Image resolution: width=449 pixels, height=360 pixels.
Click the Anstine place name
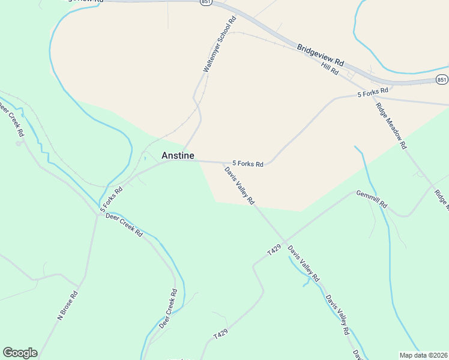point(178,155)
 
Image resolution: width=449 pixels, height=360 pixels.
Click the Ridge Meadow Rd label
point(391,126)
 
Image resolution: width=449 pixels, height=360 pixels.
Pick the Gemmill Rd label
point(372,200)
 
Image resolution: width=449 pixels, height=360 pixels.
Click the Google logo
point(20,353)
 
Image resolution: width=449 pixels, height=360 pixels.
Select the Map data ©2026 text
point(423,355)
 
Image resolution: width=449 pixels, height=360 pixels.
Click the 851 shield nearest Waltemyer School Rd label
point(206,2)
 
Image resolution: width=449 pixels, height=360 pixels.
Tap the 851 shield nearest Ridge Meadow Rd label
point(442,79)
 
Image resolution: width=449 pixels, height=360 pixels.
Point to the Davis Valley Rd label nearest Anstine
point(240,185)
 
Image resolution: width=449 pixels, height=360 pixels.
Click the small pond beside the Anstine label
point(145,158)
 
